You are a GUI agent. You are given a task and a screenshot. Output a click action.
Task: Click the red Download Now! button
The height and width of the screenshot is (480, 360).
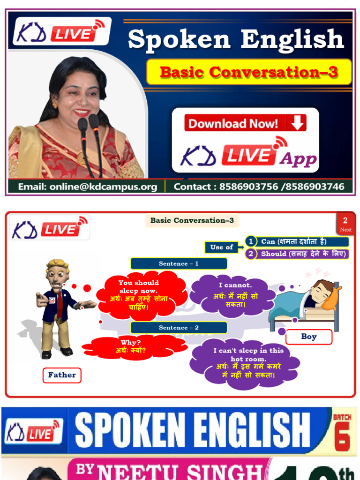(x=245, y=123)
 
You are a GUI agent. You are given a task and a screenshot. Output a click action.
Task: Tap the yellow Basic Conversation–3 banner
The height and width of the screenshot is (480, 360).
(x=249, y=72)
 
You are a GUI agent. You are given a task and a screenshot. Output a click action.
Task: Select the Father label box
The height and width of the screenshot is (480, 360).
(x=62, y=375)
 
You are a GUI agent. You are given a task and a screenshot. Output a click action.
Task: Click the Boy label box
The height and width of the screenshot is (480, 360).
(x=308, y=337)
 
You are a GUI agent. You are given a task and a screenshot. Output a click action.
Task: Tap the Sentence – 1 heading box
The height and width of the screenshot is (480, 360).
(x=178, y=263)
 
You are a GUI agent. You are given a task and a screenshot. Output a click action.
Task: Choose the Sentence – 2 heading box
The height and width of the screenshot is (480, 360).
(x=178, y=328)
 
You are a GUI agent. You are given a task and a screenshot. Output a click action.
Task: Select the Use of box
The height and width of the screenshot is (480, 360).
(x=222, y=247)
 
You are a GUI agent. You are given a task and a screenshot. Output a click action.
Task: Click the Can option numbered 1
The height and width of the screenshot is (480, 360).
(x=297, y=241)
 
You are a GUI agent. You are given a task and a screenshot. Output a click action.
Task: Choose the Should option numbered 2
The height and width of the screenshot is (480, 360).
(x=297, y=254)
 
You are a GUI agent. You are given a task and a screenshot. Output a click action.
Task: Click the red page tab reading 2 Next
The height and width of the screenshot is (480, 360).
(x=345, y=224)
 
